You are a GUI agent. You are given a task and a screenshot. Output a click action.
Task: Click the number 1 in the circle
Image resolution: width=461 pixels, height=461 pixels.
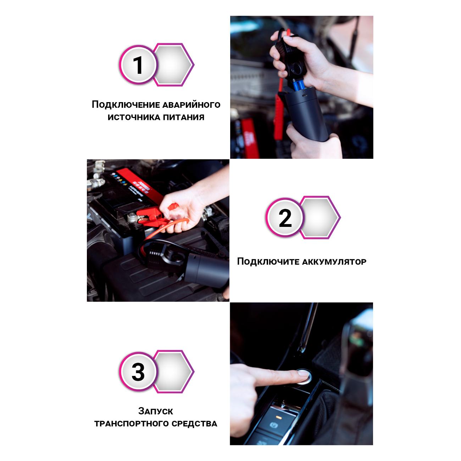click(138, 65)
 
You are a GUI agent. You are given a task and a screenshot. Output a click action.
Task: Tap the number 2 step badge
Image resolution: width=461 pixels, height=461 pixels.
click(285, 217)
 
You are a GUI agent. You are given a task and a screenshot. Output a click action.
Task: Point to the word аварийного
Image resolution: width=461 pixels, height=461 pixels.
click(191, 105)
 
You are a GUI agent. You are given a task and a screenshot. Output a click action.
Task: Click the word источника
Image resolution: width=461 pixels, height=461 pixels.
click(134, 117)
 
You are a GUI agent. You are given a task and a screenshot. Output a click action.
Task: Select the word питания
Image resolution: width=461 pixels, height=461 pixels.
click(183, 117)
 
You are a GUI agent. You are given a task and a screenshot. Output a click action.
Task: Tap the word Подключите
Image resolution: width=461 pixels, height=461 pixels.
click(268, 261)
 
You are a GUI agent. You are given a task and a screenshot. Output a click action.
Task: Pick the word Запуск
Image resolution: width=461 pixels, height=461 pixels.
click(156, 411)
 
